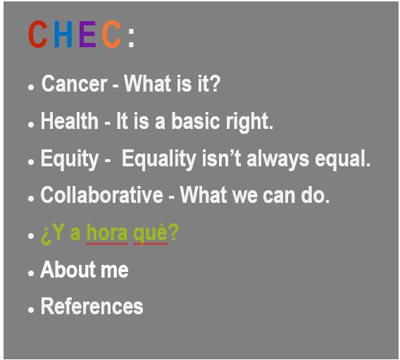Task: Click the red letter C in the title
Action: click(38, 35)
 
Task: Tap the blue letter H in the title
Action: click(63, 35)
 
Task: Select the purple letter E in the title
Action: click(87, 35)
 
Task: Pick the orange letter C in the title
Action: click(112, 35)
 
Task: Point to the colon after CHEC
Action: click(132, 38)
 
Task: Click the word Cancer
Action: click(74, 84)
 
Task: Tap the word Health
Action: click(70, 120)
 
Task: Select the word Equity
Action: click(70, 160)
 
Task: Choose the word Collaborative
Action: click(102, 194)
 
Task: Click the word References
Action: click(92, 306)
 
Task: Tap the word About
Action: click(68, 269)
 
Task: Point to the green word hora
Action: click(107, 232)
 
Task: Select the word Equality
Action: click(159, 160)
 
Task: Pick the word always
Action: click(278, 160)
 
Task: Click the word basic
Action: click(195, 120)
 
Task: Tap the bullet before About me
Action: click(31, 273)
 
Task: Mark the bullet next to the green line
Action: click(31, 235)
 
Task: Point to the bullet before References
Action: click(31, 310)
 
